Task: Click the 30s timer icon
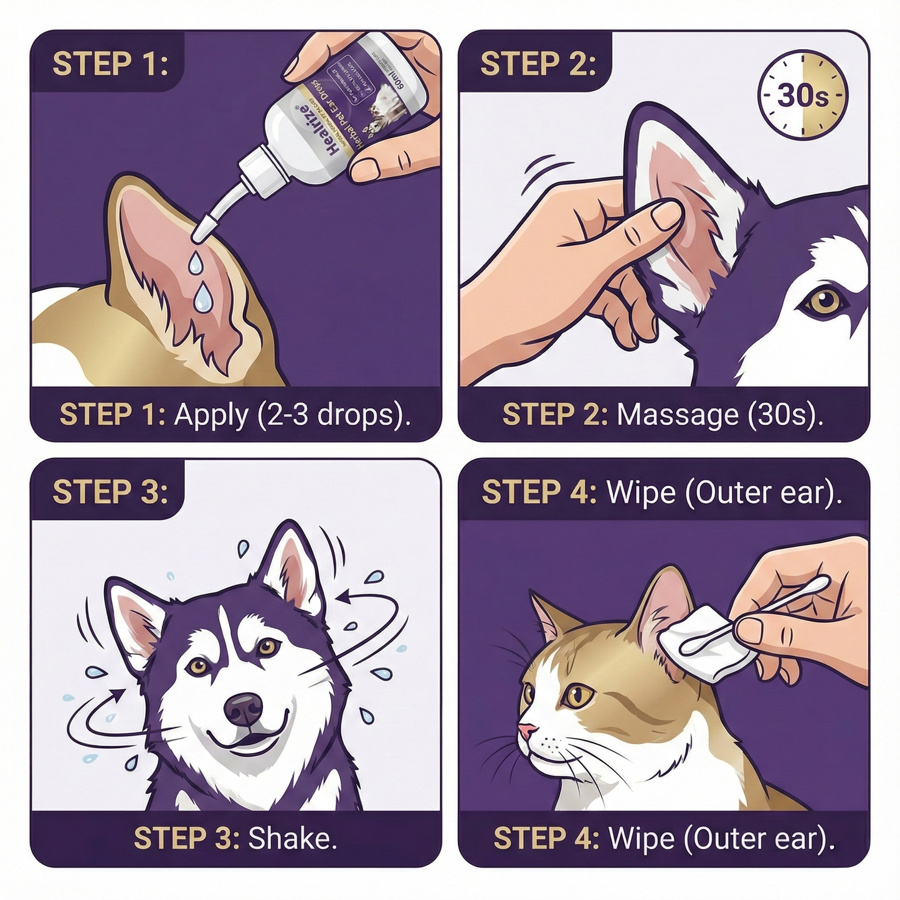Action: [802, 96]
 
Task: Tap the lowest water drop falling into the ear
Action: [202, 300]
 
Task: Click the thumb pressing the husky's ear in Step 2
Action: [654, 219]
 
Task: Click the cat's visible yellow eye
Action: [579, 694]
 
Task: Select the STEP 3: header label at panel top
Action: [110, 491]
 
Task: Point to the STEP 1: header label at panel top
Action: [110, 64]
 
